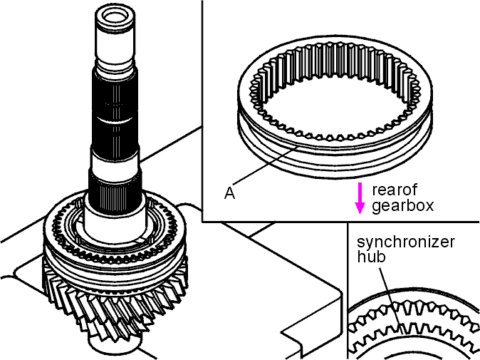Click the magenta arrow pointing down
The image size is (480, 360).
pos(360,198)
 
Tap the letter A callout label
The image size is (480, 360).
pos(229,193)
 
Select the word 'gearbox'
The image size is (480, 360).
pos(403,205)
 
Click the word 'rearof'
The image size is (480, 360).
pos(395,190)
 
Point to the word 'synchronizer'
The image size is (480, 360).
pos(406,242)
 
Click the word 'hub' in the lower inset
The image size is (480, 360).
pos(371,257)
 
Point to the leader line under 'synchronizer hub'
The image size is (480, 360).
pos(391,301)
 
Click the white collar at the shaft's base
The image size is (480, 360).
pos(115,219)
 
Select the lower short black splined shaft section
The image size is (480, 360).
pos(115,190)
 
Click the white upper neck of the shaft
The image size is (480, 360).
pos(115,49)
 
